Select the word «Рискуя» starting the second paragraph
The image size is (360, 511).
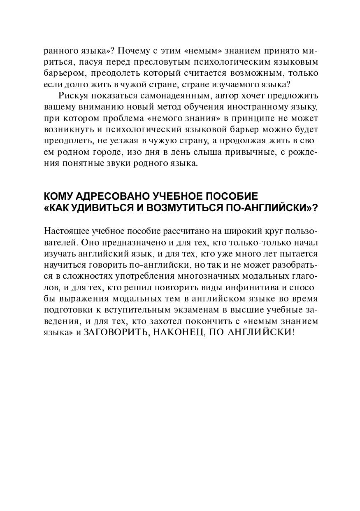[x=72, y=96]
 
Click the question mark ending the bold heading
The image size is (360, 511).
[x=315, y=208]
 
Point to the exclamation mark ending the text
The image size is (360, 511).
[x=293, y=332]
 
